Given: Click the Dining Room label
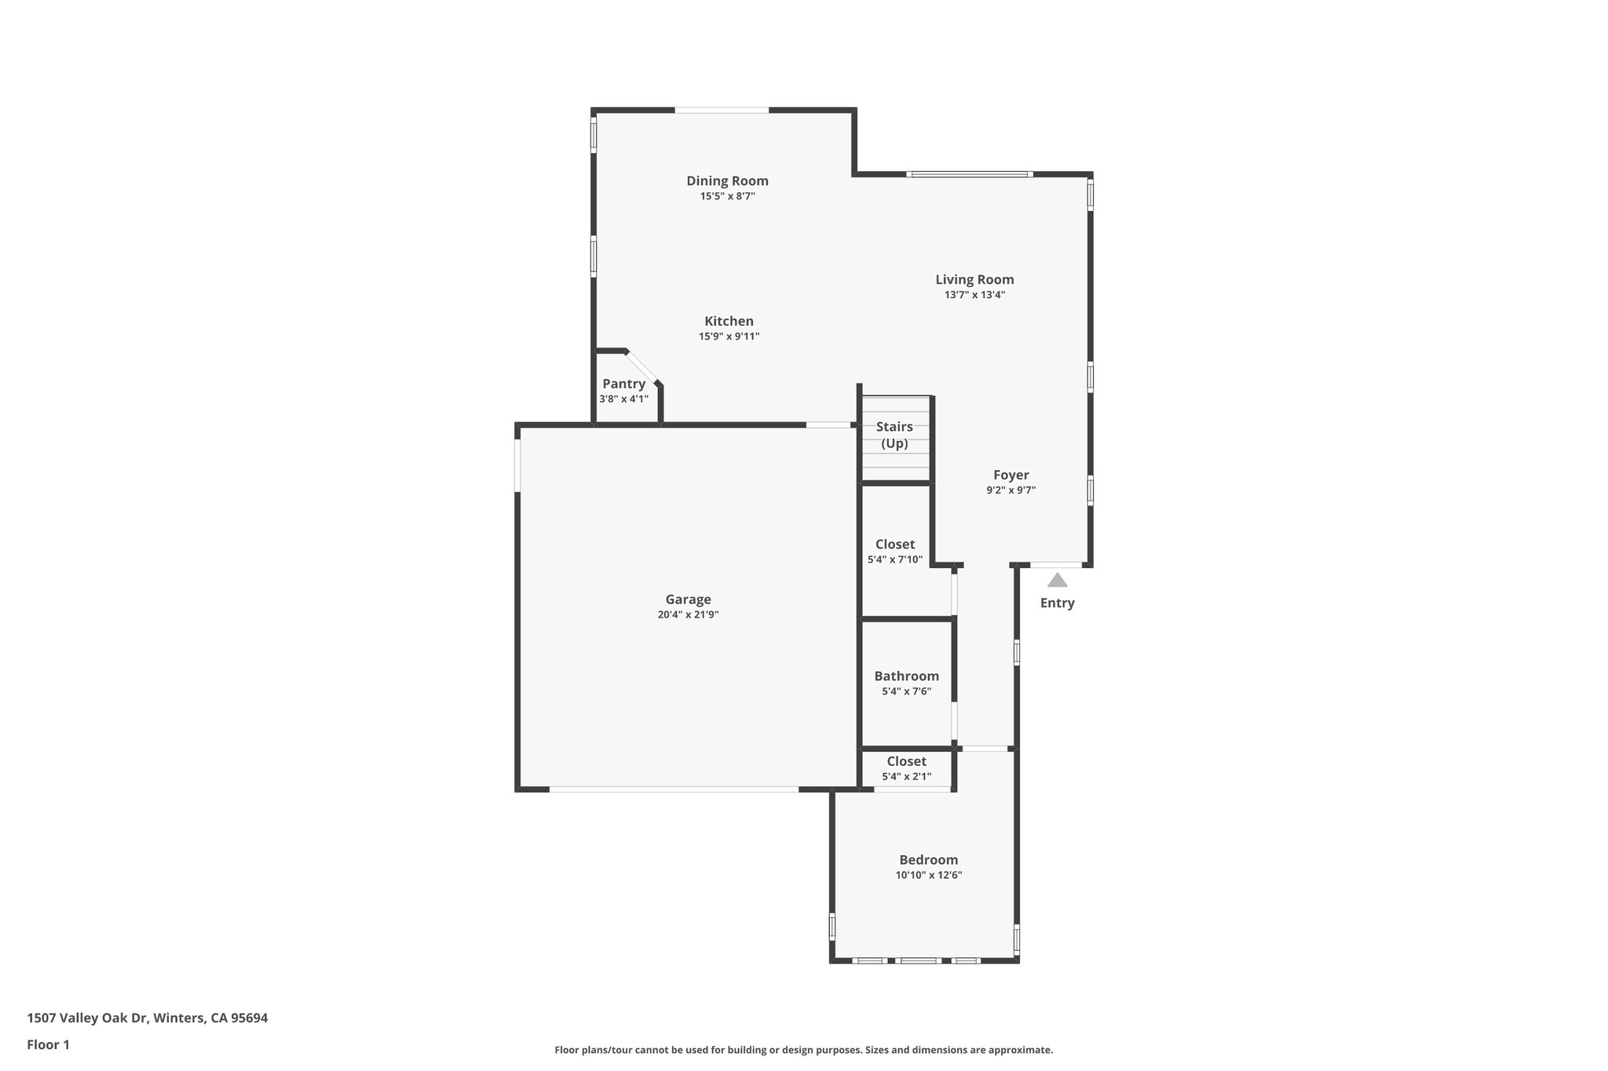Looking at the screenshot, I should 727,181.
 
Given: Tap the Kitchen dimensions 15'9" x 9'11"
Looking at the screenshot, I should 729,337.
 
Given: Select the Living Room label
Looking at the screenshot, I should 974,279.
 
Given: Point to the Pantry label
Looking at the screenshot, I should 623,384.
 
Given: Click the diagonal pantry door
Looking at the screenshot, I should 641,367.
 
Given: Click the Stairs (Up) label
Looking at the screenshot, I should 894,435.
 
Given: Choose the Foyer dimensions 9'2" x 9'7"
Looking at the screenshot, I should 1010,490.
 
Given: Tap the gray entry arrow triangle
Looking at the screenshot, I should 1057,580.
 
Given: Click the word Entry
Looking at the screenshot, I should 1057,603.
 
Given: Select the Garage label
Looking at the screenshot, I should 688,599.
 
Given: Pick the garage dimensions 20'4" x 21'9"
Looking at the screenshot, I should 688,615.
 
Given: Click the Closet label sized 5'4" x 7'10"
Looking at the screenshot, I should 895,544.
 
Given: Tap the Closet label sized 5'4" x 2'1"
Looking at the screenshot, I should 906,761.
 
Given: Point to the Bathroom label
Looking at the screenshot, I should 906,676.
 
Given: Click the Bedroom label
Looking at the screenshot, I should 928,859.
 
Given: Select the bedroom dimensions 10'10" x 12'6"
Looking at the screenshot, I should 928,875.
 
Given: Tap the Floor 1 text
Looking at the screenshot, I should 48,1044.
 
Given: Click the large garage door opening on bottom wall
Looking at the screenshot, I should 674,789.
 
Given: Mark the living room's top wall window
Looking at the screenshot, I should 969,174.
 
